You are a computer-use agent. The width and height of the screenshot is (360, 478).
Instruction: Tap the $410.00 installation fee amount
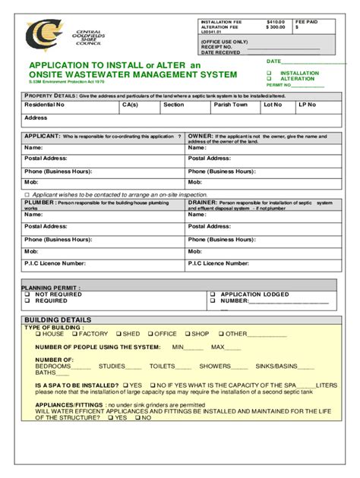[275, 22]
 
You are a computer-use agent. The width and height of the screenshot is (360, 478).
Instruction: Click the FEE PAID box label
[306, 22]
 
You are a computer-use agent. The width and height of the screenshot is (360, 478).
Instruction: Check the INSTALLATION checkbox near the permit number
[268, 74]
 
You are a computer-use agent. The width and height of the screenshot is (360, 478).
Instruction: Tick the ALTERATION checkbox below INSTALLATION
[268, 79]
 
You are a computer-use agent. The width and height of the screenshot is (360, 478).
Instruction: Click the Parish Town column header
[231, 105]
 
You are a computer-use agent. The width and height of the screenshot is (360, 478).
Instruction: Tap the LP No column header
[306, 105]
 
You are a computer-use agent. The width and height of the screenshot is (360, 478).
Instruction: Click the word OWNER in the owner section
[201, 136]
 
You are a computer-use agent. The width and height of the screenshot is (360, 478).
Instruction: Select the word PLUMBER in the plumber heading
[39, 203]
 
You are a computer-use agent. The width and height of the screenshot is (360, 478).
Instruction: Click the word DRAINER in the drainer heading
[203, 203]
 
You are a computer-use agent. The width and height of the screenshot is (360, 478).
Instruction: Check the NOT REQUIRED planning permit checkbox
[27, 294]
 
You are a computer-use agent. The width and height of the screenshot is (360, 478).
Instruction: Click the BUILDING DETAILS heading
[57, 319]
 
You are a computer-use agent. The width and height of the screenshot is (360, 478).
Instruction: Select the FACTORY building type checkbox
[74, 334]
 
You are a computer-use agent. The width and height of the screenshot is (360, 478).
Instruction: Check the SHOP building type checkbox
[186, 334]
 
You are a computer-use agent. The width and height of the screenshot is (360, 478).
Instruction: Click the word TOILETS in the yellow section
[163, 366]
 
